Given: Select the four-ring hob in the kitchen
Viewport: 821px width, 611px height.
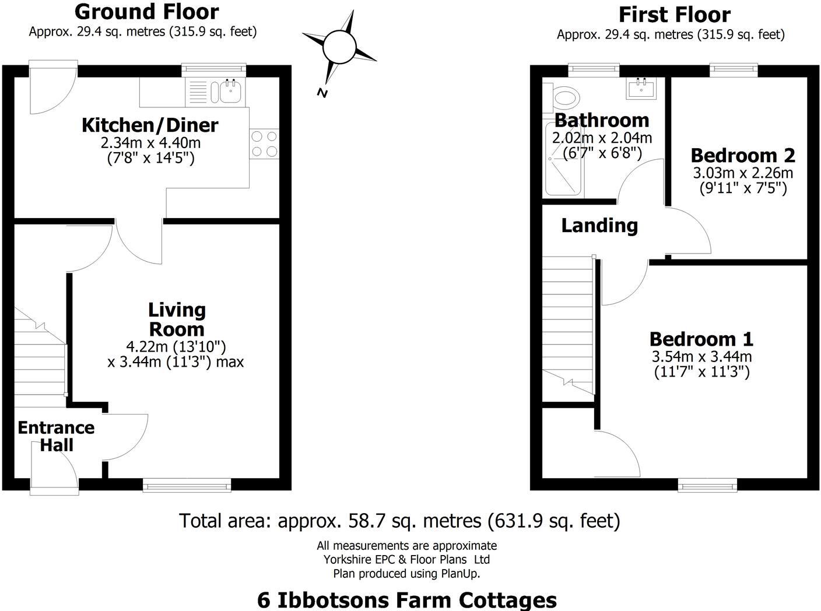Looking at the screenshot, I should coord(264,143).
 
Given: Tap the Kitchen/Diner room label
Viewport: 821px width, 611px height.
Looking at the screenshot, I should coord(150,125).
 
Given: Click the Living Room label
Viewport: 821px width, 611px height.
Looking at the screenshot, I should coord(176,319).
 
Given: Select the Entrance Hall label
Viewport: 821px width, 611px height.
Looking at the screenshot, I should coord(56,436).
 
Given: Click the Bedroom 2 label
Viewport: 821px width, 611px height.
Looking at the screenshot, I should coord(743,155).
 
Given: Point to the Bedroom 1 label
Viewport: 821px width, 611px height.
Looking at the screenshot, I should coord(701,339).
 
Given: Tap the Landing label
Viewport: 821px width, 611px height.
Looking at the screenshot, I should coord(599,226).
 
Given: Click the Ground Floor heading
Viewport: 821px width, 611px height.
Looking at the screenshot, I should coord(146,12).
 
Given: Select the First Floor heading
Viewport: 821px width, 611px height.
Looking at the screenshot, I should coord(674,15).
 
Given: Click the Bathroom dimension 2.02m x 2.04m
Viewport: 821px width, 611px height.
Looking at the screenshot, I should coord(602,138).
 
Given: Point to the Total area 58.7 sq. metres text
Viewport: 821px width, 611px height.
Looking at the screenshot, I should coord(399,520).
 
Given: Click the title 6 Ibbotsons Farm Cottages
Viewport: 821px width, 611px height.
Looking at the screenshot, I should coord(406,599).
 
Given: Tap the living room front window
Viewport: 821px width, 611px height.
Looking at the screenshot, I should coord(187,484).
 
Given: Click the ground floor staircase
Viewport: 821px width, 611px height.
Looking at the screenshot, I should coord(39,361).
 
